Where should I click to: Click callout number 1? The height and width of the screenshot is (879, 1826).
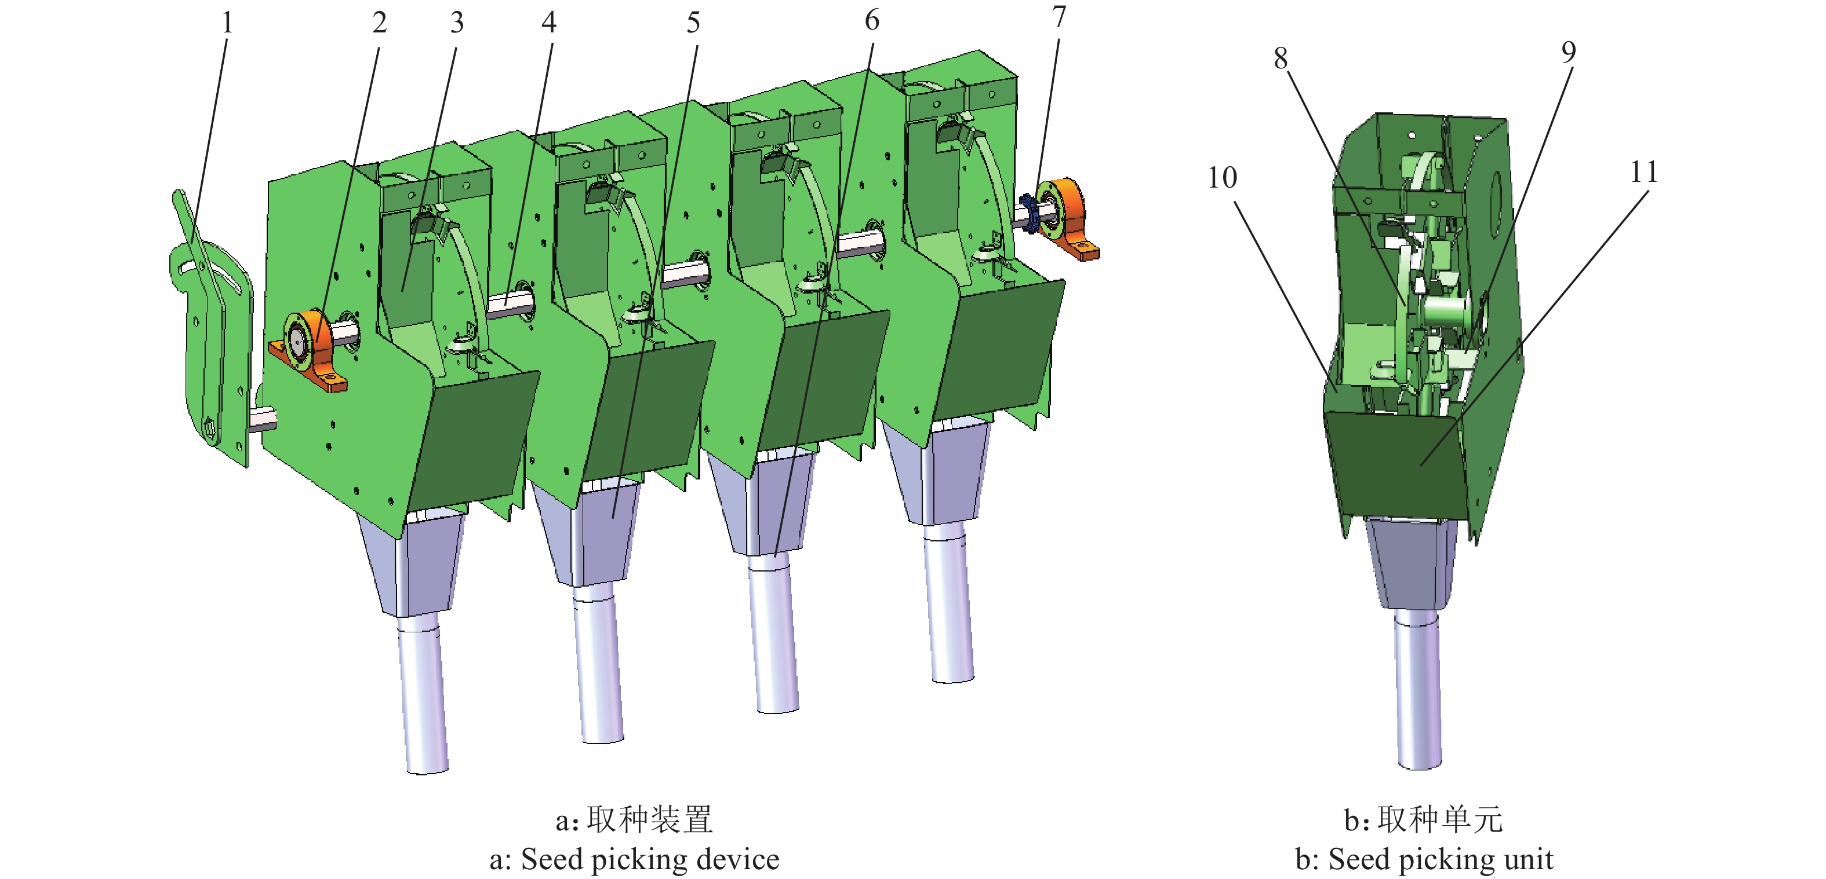click(227, 23)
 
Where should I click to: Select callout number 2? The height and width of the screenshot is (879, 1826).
click(379, 23)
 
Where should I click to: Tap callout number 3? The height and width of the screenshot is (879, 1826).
click(457, 23)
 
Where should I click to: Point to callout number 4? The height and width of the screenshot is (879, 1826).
click(548, 23)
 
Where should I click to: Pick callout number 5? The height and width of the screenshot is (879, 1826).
click(693, 23)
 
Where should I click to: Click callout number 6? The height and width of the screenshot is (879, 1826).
click(872, 20)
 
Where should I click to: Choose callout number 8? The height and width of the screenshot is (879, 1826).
click(1280, 58)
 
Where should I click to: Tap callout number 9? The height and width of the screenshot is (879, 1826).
click(1568, 52)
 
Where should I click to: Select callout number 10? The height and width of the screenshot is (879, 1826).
click(1222, 178)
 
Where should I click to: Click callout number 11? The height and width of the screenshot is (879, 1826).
click(1644, 172)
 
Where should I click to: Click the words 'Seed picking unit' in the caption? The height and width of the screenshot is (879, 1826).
click(1441, 859)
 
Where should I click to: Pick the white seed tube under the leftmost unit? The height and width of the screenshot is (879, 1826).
click(424, 694)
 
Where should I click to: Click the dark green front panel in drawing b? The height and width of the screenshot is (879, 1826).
click(1396, 464)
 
